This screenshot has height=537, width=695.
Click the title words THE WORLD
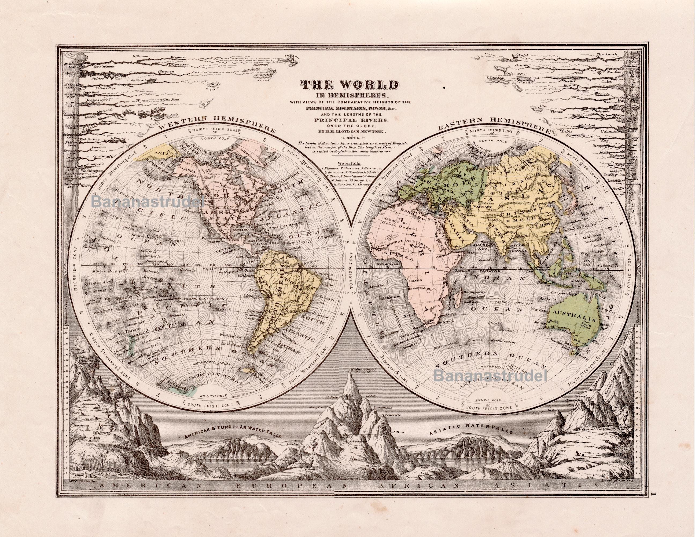(349, 85)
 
